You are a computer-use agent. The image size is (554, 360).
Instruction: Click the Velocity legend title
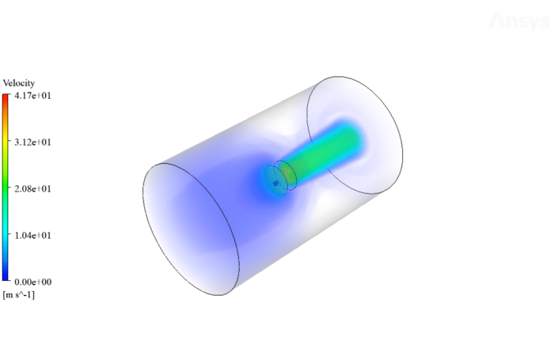[19, 83]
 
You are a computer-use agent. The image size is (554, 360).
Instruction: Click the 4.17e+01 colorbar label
[33, 96]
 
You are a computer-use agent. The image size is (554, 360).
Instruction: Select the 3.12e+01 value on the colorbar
[33, 142]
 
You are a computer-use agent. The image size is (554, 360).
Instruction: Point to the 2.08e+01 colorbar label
[33, 189]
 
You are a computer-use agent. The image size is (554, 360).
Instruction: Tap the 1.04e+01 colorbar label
[33, 236]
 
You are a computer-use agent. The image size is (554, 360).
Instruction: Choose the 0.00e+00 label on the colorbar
[33, 282]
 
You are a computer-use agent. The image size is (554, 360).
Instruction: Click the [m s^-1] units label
[19, 294]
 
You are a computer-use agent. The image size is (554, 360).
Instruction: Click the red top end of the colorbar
[6, 97]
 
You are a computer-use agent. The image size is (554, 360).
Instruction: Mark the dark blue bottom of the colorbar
[6, 277]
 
